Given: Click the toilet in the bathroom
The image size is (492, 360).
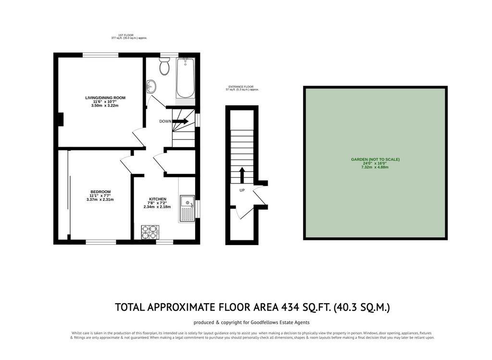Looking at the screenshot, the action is [x=164, y=66].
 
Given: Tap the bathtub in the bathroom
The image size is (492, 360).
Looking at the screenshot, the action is [x=185, y=78].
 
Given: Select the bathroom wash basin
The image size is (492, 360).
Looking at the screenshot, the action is [x=151, y=86].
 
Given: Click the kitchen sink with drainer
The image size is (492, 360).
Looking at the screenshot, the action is [x=187, y=209].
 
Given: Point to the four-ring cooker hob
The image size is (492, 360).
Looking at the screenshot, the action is [x=150, y=232].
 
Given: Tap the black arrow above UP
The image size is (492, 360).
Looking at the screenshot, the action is [x=242, y=175].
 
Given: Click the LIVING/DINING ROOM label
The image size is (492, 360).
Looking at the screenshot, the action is [x=105, y=98].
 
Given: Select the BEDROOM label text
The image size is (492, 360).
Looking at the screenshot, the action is [x=100, y=192].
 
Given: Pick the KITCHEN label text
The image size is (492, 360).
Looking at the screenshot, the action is [x=158, y=199].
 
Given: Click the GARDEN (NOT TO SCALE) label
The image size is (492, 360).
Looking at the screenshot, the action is [x=375, y=160].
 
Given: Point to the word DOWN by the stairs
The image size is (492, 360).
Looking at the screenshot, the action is [x=165, y=121].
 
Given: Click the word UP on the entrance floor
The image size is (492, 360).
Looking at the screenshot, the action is [x=242, y=190].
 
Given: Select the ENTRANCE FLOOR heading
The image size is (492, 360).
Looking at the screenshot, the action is [x=241, y=87].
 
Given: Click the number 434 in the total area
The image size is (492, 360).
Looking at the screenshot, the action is [x=290, y=307].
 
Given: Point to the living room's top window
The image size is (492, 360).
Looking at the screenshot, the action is [x=100, y=55].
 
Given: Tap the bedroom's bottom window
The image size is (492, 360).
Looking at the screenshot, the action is [x=101, y=242].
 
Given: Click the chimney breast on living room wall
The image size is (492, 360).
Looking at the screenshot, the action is [x=61, y=119].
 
